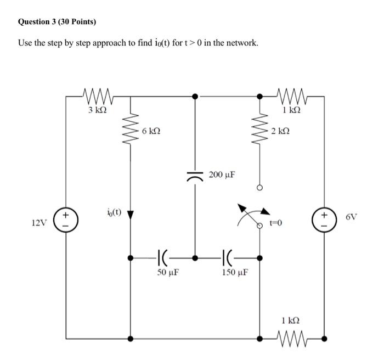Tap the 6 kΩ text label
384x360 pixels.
[151, 132]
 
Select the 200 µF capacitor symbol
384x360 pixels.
[195, 176]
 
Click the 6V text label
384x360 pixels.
[352, 217]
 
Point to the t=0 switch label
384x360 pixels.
[276, 223]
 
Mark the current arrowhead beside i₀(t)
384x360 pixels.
[131, 215]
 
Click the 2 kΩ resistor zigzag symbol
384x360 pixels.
[260, 132]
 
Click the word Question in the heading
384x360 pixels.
[37, 22]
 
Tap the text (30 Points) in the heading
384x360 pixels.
[77, 22]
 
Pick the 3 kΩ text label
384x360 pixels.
[97, 110]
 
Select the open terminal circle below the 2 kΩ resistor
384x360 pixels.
[260, 188]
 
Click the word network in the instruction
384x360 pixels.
[241, 43]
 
